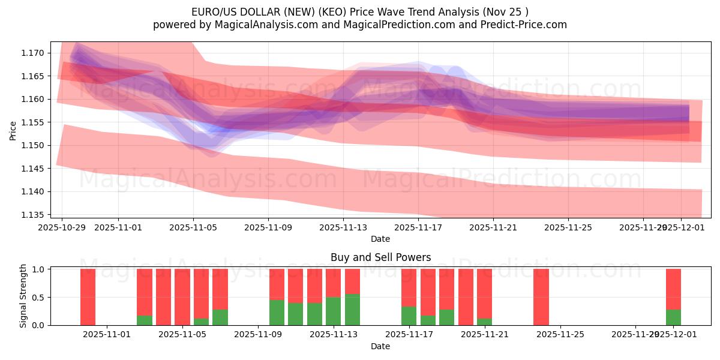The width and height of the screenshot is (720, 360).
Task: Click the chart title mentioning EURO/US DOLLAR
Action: pyautogui.click(x=360, y=11)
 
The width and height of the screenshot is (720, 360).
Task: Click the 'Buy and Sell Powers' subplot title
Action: pyautogui.click(x=380, y=257)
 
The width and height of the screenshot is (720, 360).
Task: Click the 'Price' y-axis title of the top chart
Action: pyautogui.click(x=13, y=130)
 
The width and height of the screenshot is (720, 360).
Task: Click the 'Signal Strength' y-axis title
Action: pyautogui.click(x=23, y=296)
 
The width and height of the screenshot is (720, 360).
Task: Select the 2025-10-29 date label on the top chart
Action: pyautogui.click(x=62, y=227)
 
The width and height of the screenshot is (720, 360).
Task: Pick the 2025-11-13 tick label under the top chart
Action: pyautogui.click(x=343, y=227)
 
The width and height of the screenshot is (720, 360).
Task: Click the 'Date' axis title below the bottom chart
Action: pyautogui.click(x=380, y=346)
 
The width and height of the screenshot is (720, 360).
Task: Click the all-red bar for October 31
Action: pyautogui.click(x=88, y=297)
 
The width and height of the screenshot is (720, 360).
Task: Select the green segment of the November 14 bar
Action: pyautogui.click(x=352, y=310)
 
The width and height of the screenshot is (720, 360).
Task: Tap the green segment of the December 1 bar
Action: pyautogui.click(x=673, y=317)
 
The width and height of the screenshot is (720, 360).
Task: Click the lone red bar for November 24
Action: pyautogui.click(x=541, y=297)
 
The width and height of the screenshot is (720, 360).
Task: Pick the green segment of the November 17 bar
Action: pyautogui.click(x=409, y=316)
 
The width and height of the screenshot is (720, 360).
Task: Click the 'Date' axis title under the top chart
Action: pyautogui.click(x=380, y=239)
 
